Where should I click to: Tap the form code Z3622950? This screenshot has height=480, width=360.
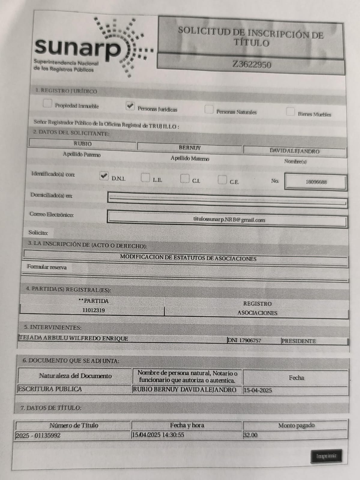[x=252, y=64]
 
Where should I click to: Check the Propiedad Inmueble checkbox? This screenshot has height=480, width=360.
[x=47, y=103]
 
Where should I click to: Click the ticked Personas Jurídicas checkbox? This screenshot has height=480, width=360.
[x=130, y=106]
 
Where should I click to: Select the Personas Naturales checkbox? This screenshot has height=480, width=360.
[x=209, y=109]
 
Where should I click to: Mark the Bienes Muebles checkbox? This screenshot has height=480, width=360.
[x=290, y=112]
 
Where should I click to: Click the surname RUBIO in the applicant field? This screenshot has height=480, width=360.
[x=83, y=144]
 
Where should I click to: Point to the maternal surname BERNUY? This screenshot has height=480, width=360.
[x=189, y=148]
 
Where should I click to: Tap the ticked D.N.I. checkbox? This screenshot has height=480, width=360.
[x=104, y=176]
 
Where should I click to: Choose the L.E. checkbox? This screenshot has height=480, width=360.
[x=145, y=178]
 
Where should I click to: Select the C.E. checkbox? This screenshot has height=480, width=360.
[x=222, y=180]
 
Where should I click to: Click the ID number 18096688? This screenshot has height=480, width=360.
[x=316, y=182]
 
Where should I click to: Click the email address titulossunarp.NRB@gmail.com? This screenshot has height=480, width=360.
[x=229, y=220]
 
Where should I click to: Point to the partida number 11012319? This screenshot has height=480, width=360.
[x=94, y=310]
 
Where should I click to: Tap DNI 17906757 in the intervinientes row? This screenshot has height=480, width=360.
[x=244, y=340]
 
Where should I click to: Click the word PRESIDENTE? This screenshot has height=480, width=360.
[x=298, y=341]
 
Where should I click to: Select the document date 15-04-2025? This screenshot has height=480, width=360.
[x=258, y=390]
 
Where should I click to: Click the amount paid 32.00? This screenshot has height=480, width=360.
[x=250, y=435]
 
